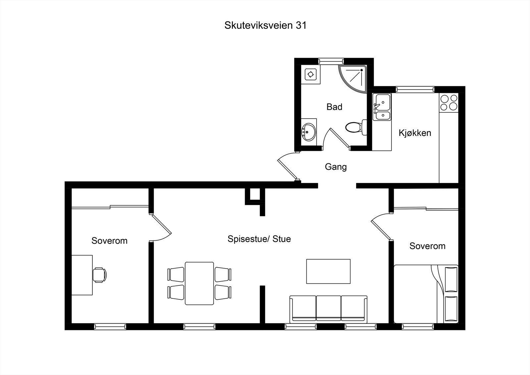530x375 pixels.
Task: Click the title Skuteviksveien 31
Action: (265, 26)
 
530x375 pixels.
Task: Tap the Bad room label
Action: (334, 107)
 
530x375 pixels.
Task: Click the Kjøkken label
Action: (415, 133)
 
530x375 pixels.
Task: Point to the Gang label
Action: (336, 166)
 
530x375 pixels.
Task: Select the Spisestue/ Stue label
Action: (259, 239)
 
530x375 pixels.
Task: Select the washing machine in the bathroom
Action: (311, 75)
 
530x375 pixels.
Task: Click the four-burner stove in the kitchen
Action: (449, 102)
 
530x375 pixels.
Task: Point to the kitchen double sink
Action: (382, 107)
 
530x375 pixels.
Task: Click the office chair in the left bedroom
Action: (99, 275)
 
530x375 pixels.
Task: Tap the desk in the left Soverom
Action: (82, 275)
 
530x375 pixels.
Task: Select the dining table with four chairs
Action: (199, 283)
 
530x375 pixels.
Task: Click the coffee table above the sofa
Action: (328, 271)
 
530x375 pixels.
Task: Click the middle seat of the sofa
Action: (328, 308)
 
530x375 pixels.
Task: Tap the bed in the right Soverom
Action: (426, 294)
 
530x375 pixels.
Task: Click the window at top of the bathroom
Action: (331, 61)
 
